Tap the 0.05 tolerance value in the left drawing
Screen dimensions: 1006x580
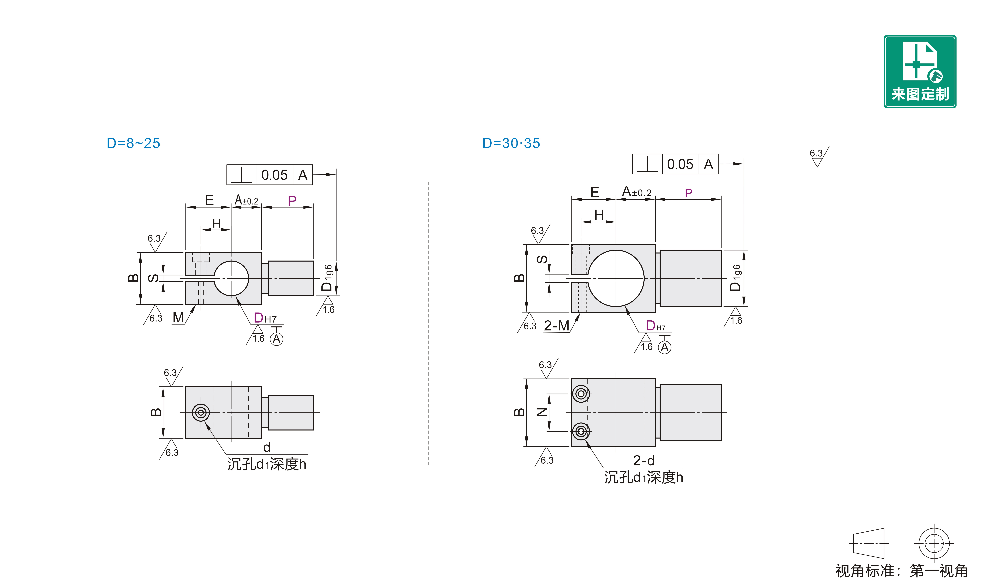tap(274, 175)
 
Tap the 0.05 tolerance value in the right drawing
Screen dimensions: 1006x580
tap(680, 164)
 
